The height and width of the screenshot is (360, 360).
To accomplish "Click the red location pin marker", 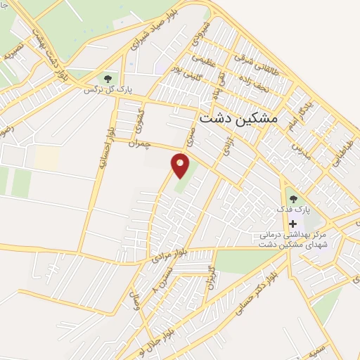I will click(181, 165).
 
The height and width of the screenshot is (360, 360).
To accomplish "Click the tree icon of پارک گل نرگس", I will click(108, 78).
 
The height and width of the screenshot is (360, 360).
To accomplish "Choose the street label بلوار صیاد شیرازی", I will click(150, 31).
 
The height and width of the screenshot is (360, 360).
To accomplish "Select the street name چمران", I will click(140, 143).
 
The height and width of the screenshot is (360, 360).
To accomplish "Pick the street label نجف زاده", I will click(264, 89).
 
